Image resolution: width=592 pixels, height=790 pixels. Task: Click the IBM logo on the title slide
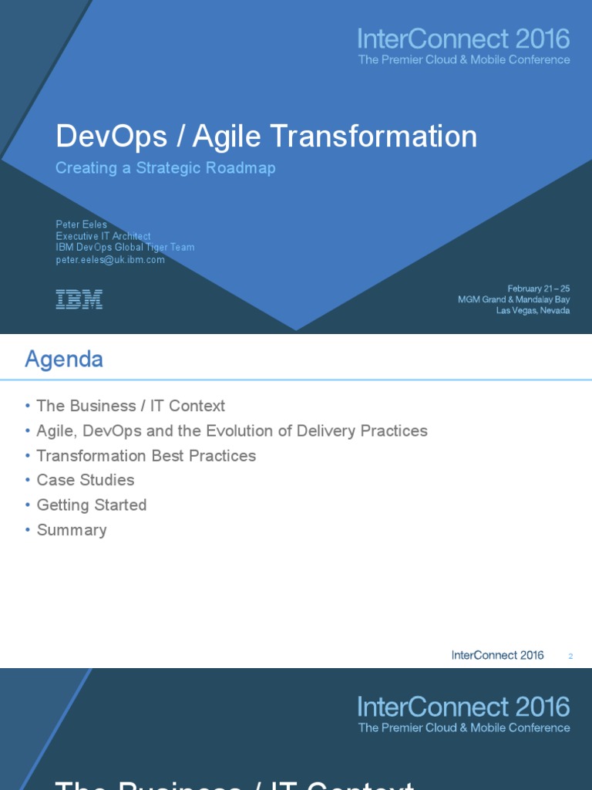[79, 299]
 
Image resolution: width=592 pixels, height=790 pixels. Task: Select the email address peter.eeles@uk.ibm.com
[110, 260]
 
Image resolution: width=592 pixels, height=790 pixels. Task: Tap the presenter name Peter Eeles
[81, 225]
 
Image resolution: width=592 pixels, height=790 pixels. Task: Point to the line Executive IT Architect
[103, 236]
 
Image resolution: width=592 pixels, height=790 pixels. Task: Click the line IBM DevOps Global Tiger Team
[125, 248]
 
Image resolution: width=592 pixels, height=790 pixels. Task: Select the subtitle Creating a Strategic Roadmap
[165, 168]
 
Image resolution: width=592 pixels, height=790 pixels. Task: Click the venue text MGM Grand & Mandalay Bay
[514, 299]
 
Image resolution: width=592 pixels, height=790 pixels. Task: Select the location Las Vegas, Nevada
[533, 310]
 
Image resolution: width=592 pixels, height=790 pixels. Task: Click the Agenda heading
[64, 359]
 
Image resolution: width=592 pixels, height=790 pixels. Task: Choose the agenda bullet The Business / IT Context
[130, 406]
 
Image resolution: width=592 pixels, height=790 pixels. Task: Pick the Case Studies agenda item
[85, 480]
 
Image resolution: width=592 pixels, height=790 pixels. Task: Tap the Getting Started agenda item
[91, 505]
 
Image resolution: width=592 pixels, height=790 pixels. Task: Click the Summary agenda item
[71, 530]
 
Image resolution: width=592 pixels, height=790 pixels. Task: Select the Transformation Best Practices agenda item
[146, 455]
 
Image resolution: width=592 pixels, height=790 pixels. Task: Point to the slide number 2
[570, 657]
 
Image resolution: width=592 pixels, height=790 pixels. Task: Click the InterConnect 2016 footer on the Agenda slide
[497, 655]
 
